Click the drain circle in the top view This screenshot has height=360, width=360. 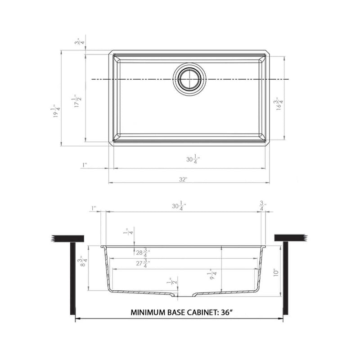[x=189, y=79]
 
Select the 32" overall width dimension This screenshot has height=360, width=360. [x=183, y=179]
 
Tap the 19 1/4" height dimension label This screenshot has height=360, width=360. [x=56, y=112]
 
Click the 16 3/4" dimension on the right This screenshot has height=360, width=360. [x=280, y=104]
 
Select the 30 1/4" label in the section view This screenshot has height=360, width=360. [x=179, y=207]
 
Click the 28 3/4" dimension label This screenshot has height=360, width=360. [x=143, y=253]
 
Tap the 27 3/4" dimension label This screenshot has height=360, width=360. [x=143, y=264]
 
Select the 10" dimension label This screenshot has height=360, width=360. [x=276, y=272]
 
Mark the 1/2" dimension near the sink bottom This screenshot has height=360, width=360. [x=170, y=282]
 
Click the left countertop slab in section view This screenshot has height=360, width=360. [x=68, y=238]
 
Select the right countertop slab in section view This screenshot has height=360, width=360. [x=290, y=238]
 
